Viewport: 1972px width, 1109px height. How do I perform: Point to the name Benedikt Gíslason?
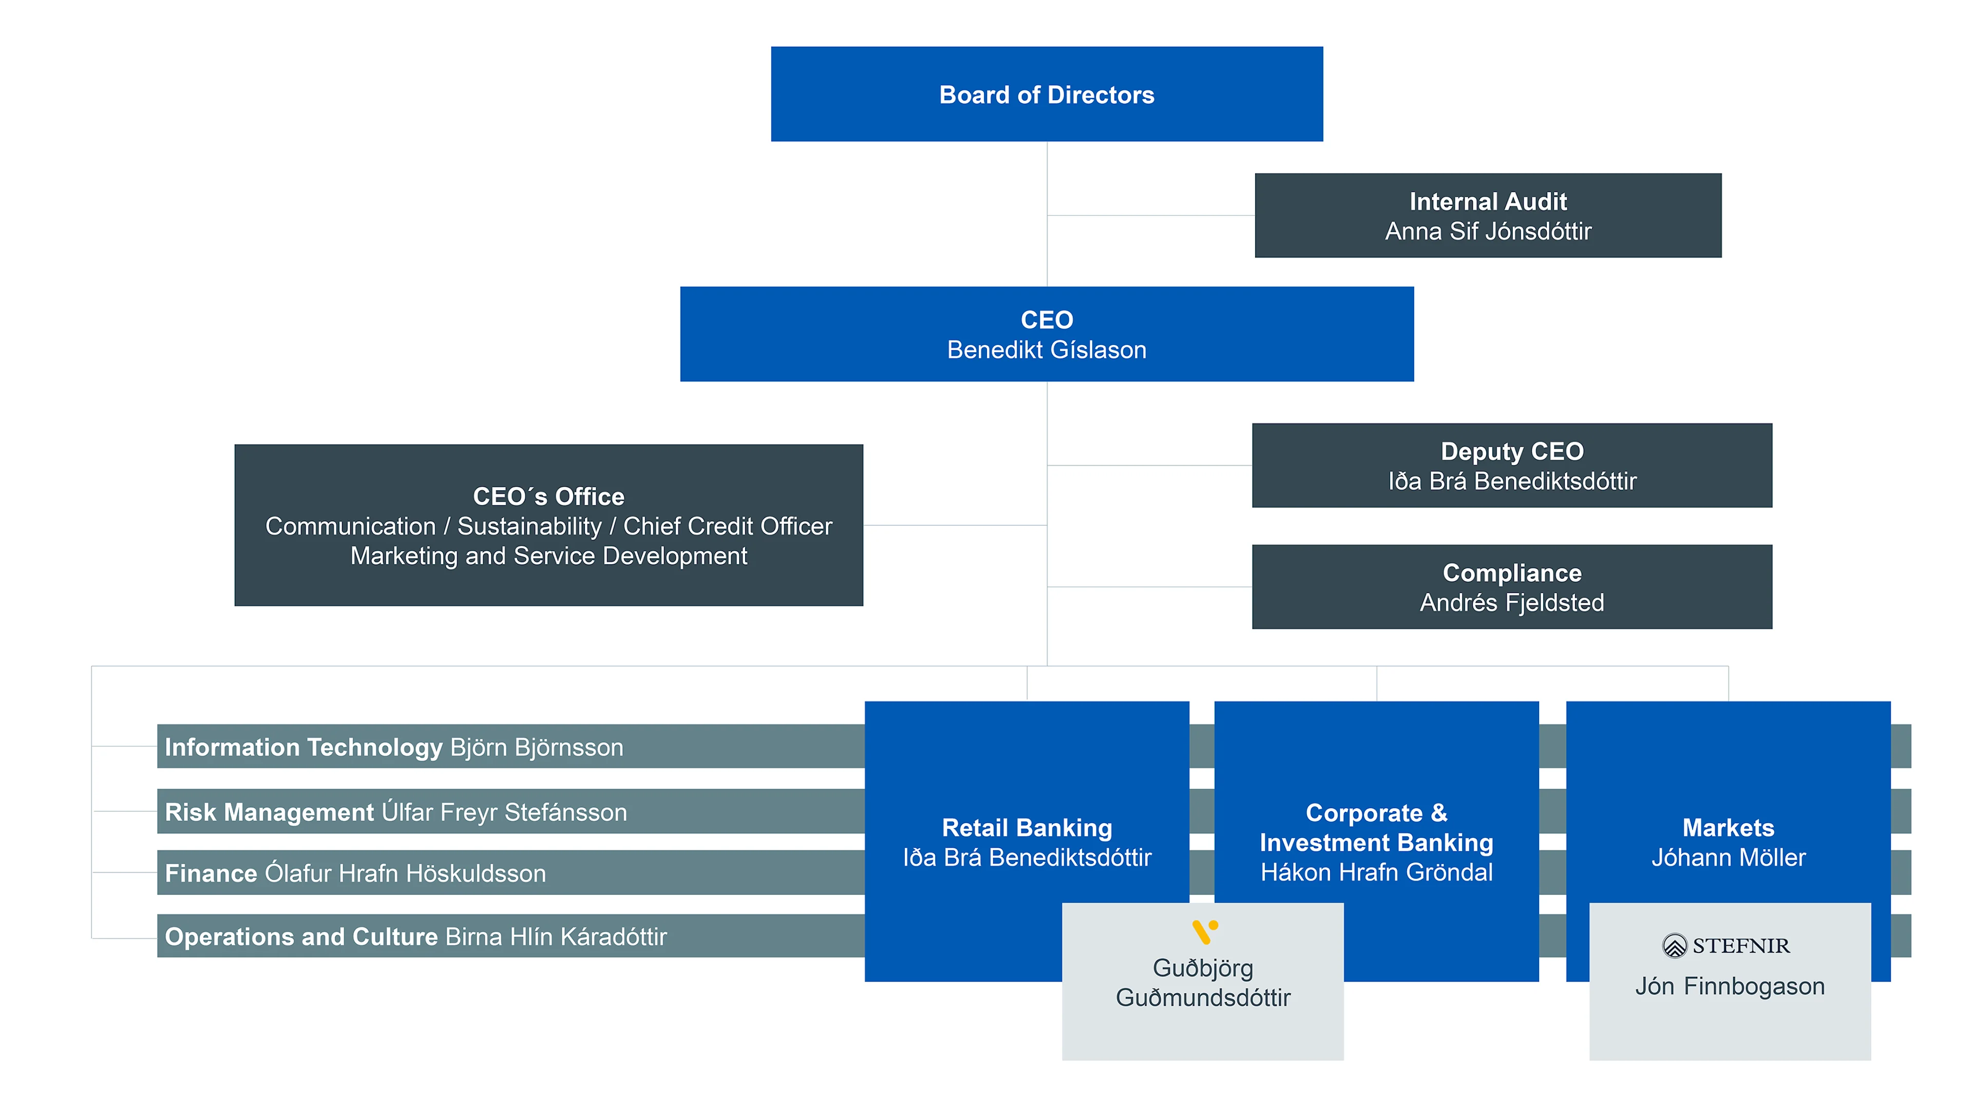(1047, 350)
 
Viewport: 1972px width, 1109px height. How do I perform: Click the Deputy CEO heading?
(1511, 451)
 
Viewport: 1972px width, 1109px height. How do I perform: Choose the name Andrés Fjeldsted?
(1511, 602)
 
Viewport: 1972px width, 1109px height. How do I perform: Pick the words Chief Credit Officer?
(727, 526)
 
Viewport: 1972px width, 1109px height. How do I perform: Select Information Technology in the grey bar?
(303, 747)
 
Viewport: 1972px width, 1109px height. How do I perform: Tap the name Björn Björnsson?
(537, 747)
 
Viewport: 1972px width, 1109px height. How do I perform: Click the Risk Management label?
(269, 812)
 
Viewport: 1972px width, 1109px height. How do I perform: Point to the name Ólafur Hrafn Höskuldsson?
(405, 873)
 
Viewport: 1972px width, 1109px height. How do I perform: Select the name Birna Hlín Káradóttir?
(556, 937)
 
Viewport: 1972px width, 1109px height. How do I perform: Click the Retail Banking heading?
(1027, 827)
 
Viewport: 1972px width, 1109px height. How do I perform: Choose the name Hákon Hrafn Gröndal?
(1376, 872)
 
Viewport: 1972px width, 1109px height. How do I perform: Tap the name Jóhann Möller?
(1728, 857)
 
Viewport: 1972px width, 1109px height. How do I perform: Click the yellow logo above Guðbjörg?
(1204, 931)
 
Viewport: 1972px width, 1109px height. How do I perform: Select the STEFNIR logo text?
(1739, 946)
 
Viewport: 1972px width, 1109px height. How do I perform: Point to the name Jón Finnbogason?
(1729, 986)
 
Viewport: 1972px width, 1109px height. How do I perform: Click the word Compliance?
(1511, 572)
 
